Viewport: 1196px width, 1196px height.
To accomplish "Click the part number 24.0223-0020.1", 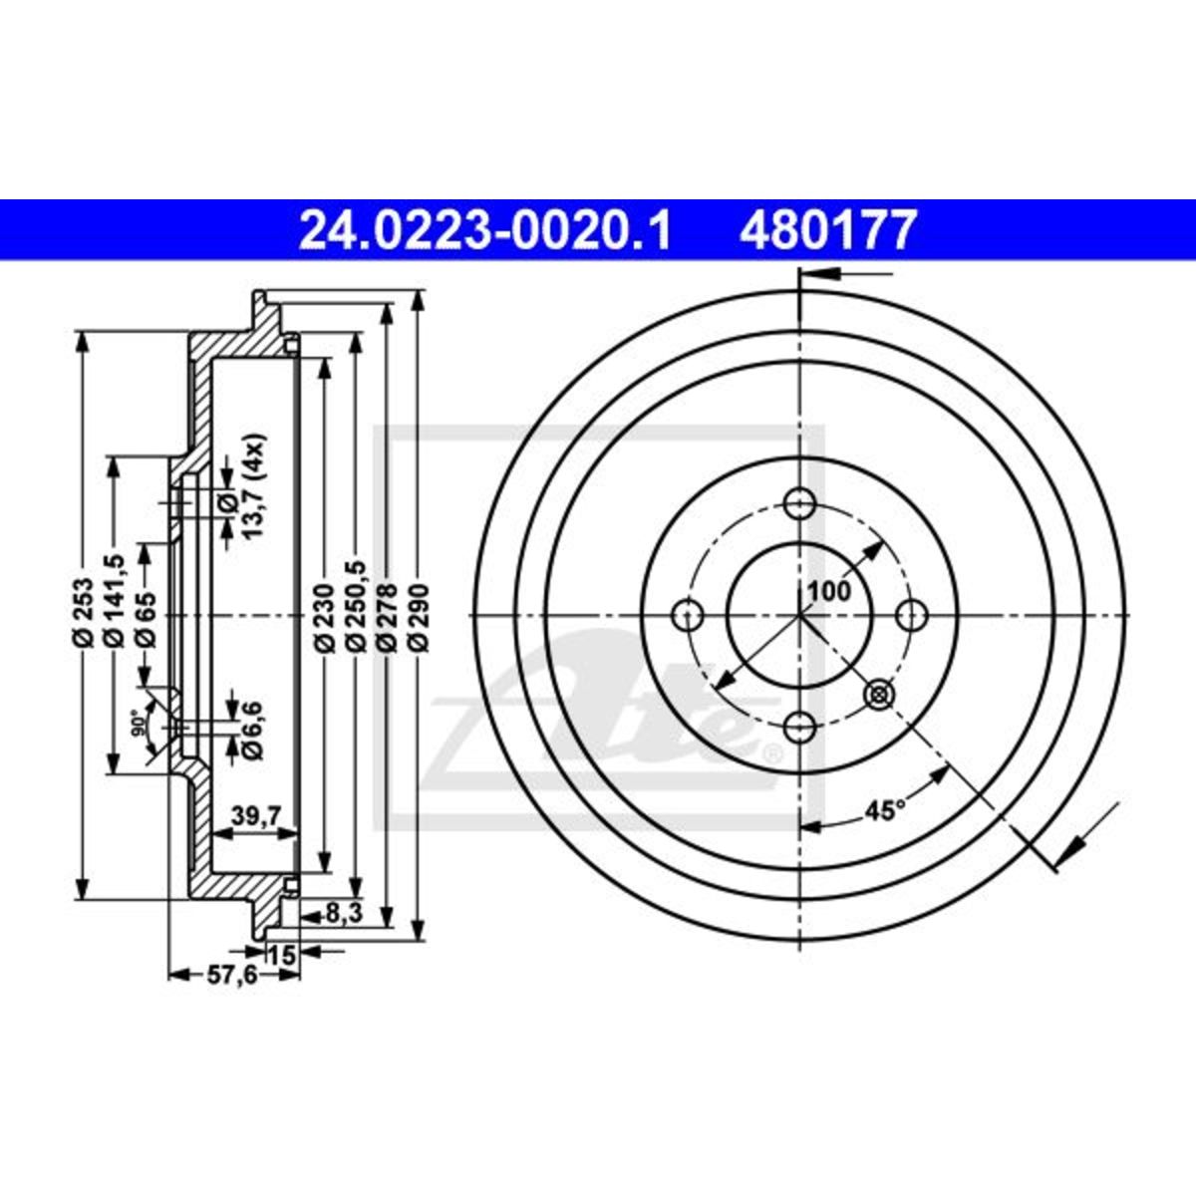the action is point(484,229).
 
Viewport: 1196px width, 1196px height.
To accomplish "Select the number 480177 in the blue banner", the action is point(827,229).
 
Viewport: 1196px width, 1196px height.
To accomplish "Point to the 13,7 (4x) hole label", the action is point(254,486).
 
